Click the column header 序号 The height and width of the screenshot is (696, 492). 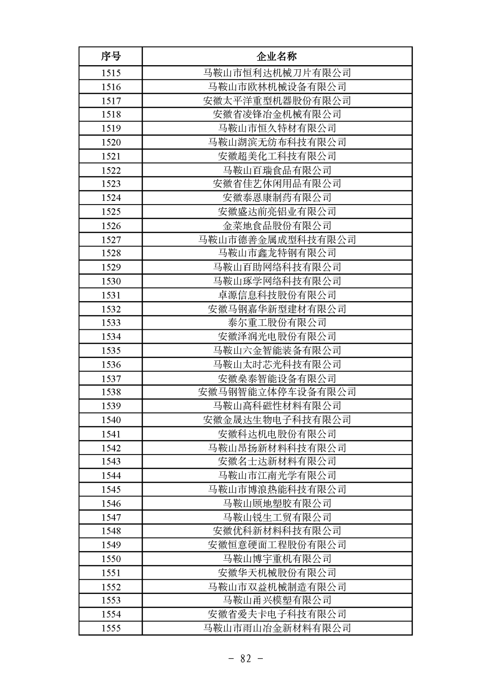(x=111, y=56)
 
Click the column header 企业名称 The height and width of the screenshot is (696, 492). (x=277, y=56)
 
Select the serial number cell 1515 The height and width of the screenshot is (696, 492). (x=111, y=73)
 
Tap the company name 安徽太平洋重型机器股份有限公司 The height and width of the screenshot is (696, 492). (x=277, y=101)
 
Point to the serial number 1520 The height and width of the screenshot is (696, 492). (x=111, y=142)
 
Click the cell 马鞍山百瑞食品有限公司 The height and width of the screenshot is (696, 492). (x=277, y=170)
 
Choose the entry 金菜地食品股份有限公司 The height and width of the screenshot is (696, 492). (x=277, y=226)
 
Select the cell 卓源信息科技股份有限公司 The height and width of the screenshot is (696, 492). (x=277, y=295)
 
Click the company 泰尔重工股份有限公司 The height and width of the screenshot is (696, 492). (x=277, y=323)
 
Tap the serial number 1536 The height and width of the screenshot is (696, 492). (x=111, y=364)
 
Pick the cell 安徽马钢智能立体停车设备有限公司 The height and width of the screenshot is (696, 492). (x=277, y=392)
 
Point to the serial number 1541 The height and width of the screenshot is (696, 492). (x=111, y=434)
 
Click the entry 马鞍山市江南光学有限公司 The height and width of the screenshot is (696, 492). (x=277, y=476)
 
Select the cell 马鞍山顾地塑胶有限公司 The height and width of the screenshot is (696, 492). (x=277, y=503)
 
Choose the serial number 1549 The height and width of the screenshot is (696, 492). (x=111, y=545)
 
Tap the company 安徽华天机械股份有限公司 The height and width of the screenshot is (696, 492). (x=277, y=573)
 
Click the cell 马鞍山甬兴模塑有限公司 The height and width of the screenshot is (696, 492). (x=277, y=600)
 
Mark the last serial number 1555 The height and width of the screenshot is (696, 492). (x=111, y=628)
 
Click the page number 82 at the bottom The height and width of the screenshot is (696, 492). (x=246, y=658)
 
